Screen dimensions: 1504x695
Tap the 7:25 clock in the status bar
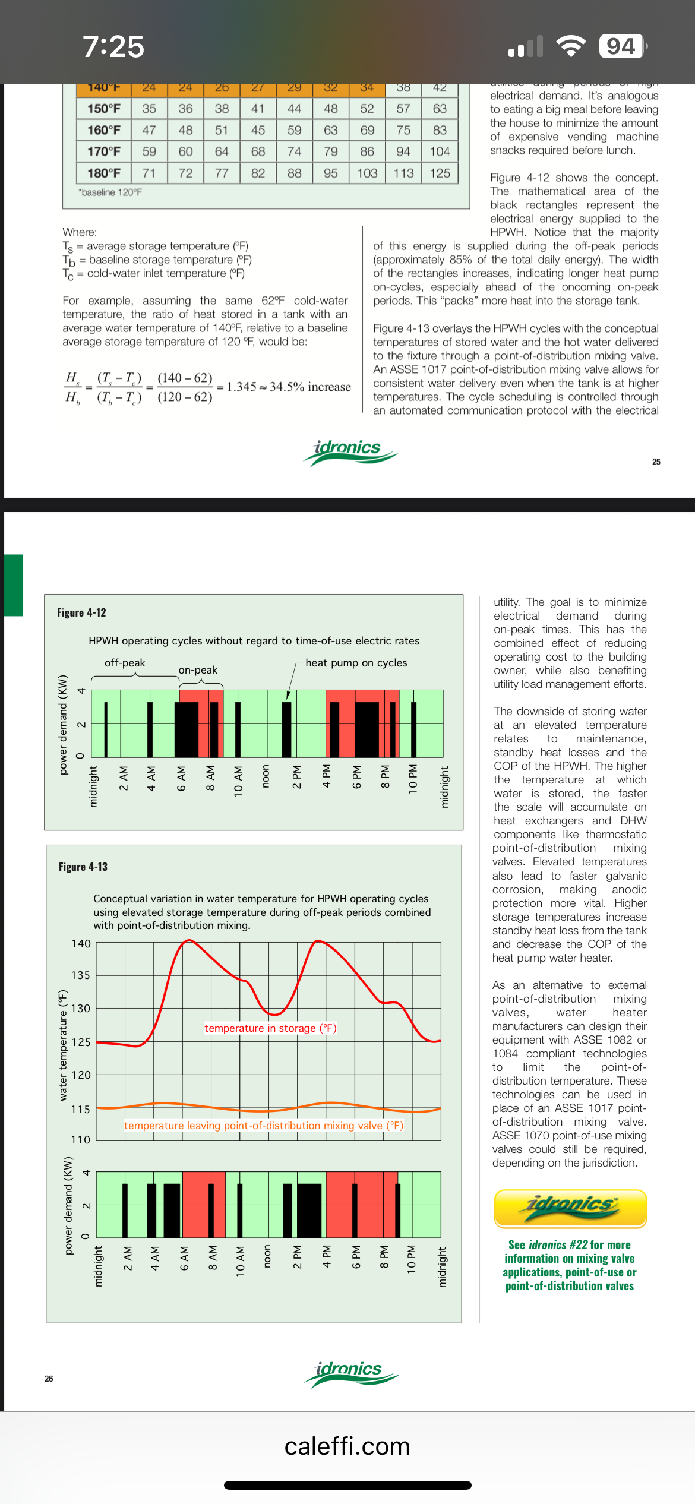click(113, 46)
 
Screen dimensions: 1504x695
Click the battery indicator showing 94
click(622, 46)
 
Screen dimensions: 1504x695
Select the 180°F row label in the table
click(104, 173)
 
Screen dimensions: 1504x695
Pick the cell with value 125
click(440, 173)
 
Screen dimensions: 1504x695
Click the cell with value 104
click(440, 151)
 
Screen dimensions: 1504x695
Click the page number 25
click(656, 462)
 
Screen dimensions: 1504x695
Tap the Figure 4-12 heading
click(81, 612)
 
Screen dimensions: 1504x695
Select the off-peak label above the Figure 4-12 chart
click(125, 663)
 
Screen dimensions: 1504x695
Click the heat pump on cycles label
click(356, 663)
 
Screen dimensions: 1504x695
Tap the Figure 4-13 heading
click(83, 867)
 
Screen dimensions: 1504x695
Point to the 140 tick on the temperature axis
click(81, 944)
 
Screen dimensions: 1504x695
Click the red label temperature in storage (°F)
click(270, 1028)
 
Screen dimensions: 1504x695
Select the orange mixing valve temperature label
click(264, 1126)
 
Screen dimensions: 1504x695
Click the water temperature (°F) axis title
click(63, 1045)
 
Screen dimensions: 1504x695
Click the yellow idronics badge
click(570, 1208)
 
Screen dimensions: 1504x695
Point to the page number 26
click(49, 1378)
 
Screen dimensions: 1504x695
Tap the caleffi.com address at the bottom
click(347, 1446)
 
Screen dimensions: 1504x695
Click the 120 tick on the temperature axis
click(81, 1075)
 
